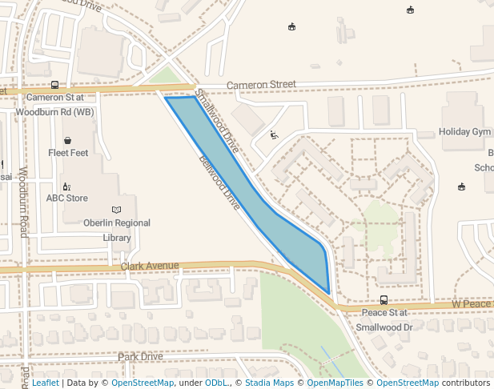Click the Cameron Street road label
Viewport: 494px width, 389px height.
coord(261,84)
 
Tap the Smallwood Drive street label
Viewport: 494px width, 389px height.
coord(217,121)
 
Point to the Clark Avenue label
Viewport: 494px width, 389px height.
coord(150,266)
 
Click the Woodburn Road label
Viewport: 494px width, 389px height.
coord(23,203)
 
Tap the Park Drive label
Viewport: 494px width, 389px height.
coord(140,356)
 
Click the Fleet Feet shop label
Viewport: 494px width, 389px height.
coord(68,152)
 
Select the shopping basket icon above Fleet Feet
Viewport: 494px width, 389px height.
coord(67,139)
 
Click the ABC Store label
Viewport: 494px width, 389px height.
coord(66,198)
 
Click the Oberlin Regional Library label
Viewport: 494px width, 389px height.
coord(117,230)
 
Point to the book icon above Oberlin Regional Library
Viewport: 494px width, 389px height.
coord(117,210)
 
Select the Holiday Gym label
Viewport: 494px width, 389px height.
coord(464,131)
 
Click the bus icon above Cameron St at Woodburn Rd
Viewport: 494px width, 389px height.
coord(54,84)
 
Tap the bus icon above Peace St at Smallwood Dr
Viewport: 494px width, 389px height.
coord(384,301)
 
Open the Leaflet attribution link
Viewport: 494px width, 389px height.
coord(45,383)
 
